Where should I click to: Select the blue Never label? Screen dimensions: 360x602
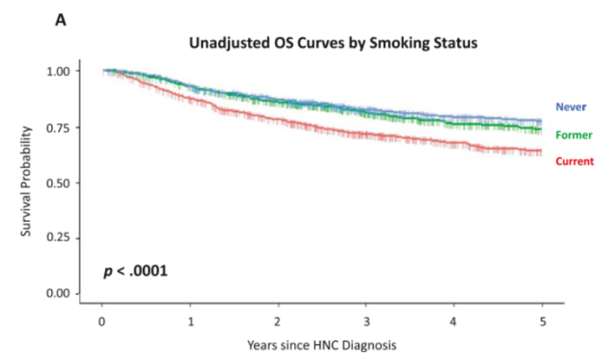[571, 107]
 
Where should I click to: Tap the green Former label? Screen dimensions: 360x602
[573, 135]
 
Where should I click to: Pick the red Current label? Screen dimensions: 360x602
[573, 161]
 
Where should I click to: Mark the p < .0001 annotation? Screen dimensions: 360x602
[137, 272]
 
